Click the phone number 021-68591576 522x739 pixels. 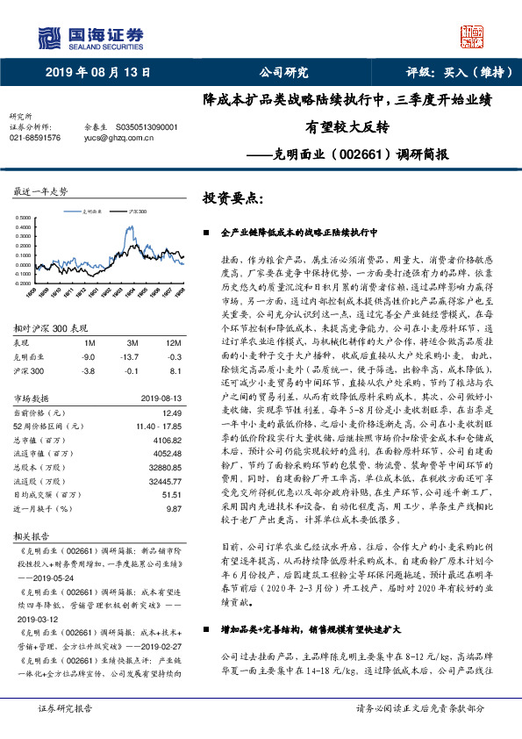click(35, 138)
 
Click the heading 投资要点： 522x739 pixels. click(232, 198)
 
